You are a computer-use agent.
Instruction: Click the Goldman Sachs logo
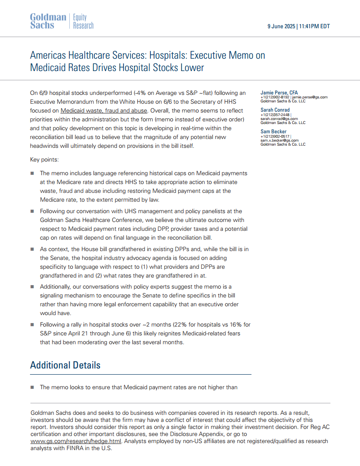(48, 21)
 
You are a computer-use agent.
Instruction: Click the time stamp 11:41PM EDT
(315, 26)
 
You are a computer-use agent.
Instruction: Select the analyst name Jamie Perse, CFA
(279, 93)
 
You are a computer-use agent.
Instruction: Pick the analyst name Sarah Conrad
(275, 110)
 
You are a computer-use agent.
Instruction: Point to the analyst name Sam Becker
(273, 132)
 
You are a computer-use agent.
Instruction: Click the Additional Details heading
(65, 365)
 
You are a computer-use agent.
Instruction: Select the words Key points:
(44, 159)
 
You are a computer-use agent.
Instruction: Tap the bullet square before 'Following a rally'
(32, 325)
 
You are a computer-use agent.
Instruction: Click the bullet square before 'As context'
(32, 249)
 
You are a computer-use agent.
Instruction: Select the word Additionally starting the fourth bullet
(56, 287)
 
